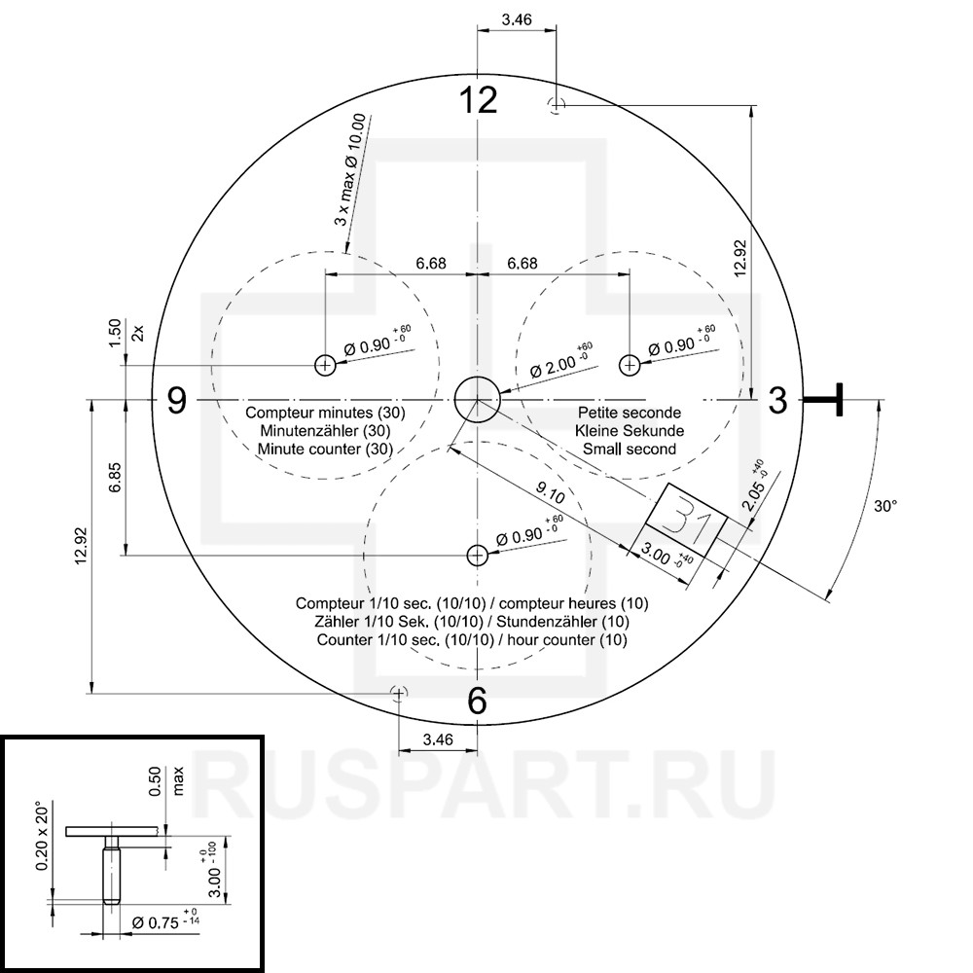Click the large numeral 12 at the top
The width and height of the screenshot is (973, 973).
pyautogui.click(x=478, y=100)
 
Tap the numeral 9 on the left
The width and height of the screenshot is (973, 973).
pyautogui.click(x=177, y=400)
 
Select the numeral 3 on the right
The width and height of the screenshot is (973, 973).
pyautogui.click(x=777, y=400)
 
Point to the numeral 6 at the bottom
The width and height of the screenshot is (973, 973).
pyautogui.click(x=477, y=702)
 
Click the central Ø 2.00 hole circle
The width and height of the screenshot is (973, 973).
pyautogui.click(x=477, y=400)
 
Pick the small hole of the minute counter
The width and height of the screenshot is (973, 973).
pyautogui.click(x=325, y=365)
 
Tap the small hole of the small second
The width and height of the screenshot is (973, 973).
pyautogui.click(x=630, y=365)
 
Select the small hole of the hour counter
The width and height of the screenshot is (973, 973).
pyautogui.click(x=477, y=556)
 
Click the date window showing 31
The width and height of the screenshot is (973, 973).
pyautogui.click(x=687, y=520)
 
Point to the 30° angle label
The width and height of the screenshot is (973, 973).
pyautogui.click(x=885, y=506)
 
